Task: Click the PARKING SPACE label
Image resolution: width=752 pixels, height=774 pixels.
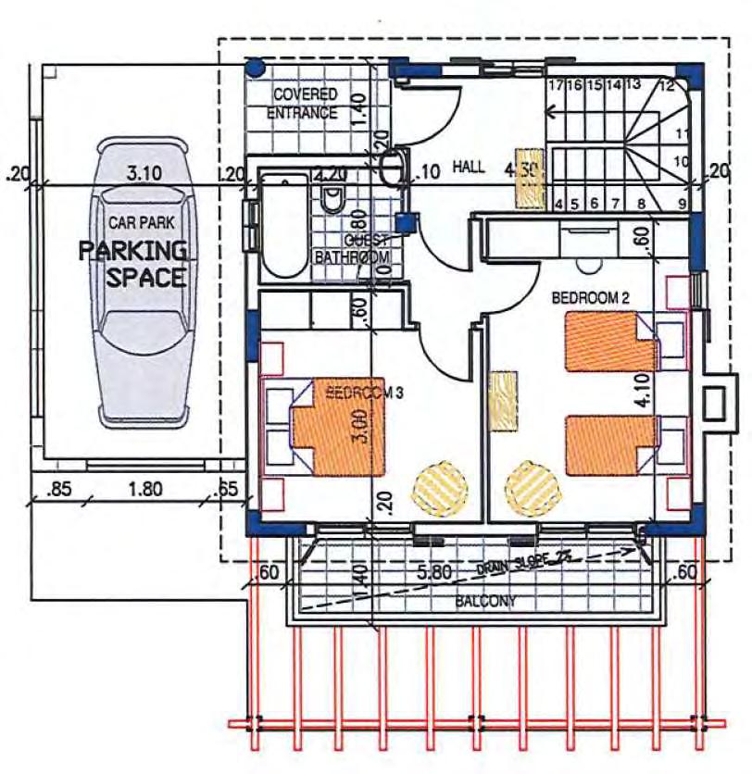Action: click(132, 263)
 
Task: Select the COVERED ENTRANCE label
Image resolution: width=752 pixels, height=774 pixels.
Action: click(304, 104)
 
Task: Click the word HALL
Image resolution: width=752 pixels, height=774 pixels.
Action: click(469, 166)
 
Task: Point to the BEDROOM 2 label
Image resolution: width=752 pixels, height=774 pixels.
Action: click(591, 298)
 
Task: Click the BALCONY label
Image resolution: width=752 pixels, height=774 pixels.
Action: click(486, 601)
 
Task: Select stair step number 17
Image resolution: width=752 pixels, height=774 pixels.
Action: click(556, 85)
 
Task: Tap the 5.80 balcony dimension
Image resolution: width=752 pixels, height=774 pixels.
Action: click(434, 573)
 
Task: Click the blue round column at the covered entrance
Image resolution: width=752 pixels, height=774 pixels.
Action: click(256, 67)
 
